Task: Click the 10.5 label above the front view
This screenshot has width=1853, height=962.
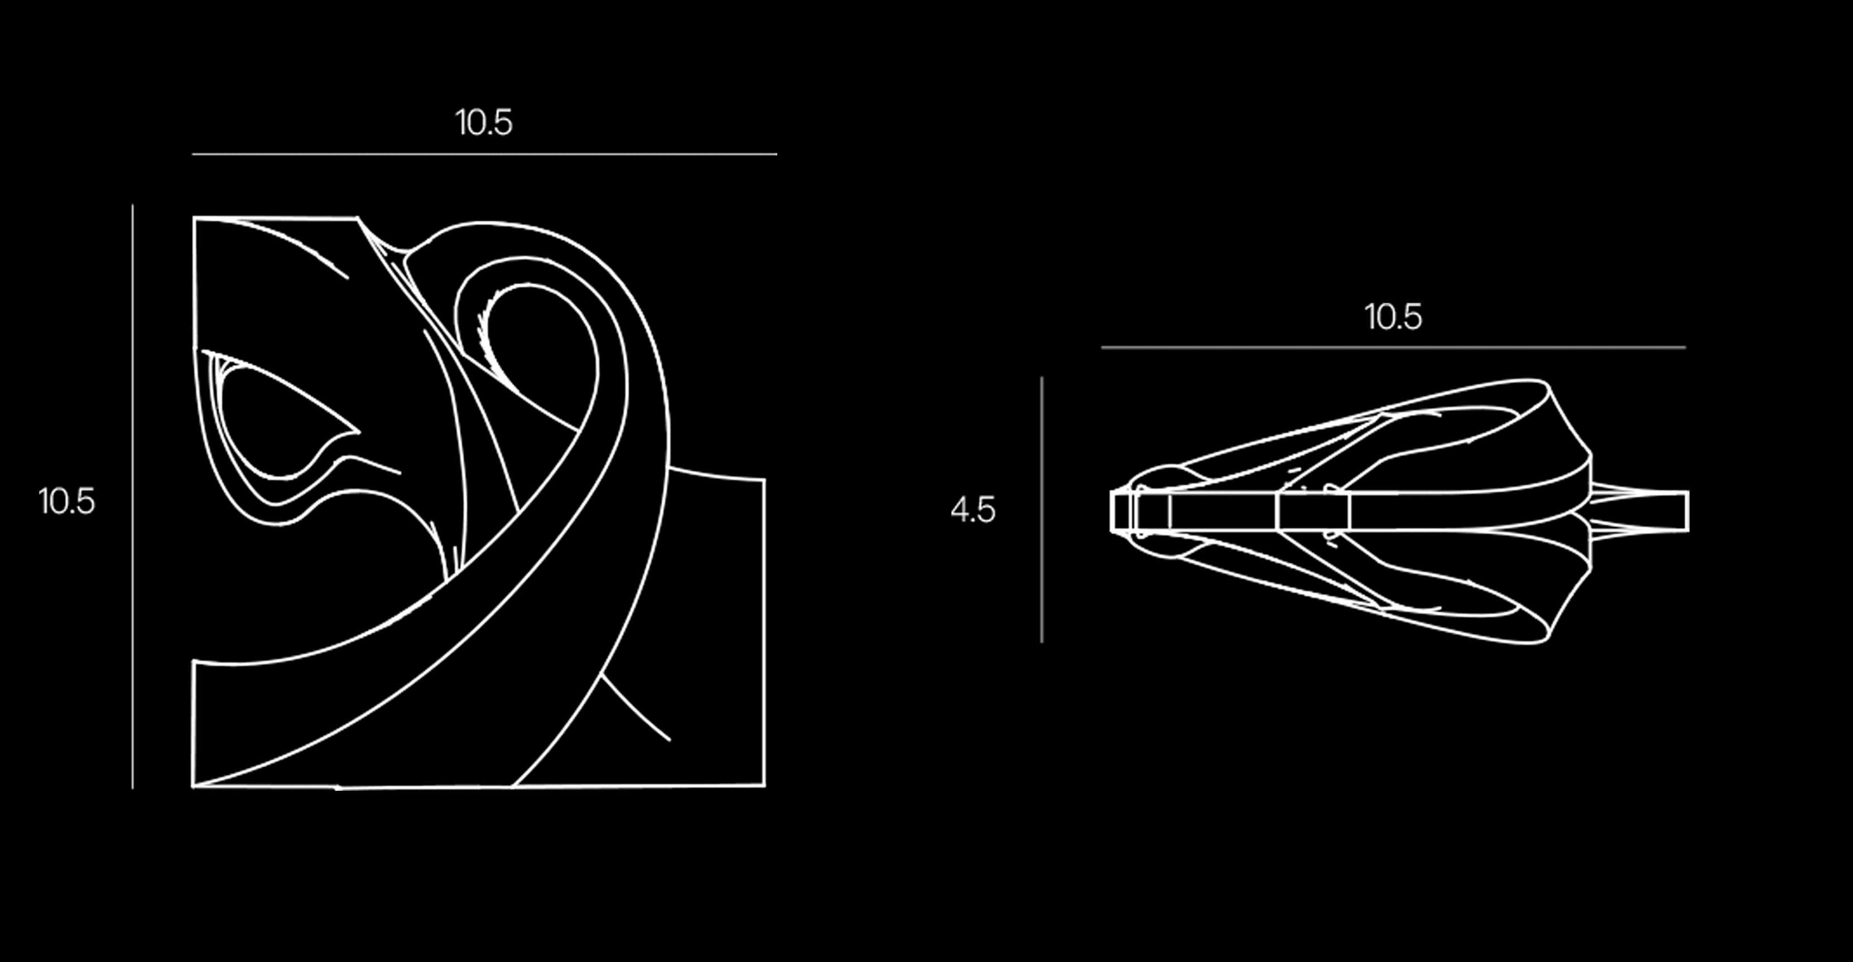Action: click(x=483, y=123)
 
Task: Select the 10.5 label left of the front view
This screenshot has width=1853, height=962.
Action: click(x=66, y=501)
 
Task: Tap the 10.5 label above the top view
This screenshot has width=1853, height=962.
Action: click(x=1393, y=317)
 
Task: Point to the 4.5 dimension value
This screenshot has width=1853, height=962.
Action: click(x=973, y=510)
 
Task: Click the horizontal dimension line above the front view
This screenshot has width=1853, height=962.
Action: click(x=484, y=154)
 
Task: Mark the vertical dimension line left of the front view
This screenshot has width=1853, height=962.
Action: click(x=132, y=497)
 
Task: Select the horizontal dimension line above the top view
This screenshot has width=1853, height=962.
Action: click(x=1393, y=347)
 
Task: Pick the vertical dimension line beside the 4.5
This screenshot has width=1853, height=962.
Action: click(x=1042, y=510)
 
